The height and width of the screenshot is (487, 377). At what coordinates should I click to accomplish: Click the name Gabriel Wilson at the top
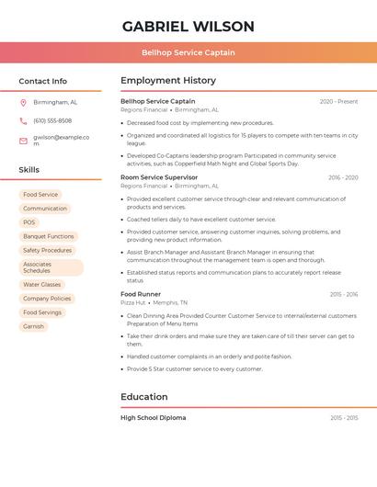tap(188, 27)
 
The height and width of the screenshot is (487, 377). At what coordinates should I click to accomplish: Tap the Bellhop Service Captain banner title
tap(188, 52)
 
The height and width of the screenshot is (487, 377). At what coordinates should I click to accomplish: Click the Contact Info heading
tap(43, 81)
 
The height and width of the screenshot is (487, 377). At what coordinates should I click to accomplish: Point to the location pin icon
tap(23, 103)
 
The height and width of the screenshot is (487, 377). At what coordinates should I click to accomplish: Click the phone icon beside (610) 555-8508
tap(23, 121)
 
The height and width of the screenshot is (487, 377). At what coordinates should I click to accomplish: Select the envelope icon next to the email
tap(23, 141)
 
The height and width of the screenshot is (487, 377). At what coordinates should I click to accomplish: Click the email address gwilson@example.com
tap(61, 141)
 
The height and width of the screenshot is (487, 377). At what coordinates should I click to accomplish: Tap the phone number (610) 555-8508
tap(52, 121)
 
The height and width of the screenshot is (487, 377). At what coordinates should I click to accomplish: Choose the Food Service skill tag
tap(40, 195)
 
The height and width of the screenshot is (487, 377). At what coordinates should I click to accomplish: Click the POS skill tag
tap(29, 222)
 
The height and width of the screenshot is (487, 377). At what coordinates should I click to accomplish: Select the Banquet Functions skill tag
tap(48, 236)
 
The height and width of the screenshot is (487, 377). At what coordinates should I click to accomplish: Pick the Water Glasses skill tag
tap(41, 285)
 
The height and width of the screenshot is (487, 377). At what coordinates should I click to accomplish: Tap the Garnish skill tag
tap(33, 326)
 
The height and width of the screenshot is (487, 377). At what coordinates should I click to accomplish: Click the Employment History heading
tap(168, 81)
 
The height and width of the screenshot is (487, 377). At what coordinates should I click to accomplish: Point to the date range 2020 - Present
tap(338, 101)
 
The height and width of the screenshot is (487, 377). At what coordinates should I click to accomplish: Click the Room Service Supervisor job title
tap(159, 177)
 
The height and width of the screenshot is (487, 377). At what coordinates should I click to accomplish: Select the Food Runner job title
tap(141, 294)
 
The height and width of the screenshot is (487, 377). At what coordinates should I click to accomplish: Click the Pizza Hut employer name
tap(133, 302)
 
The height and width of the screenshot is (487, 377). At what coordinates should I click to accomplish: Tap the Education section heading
tap(144, 397)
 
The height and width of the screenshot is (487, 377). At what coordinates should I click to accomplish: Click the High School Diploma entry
tap(154, 418)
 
